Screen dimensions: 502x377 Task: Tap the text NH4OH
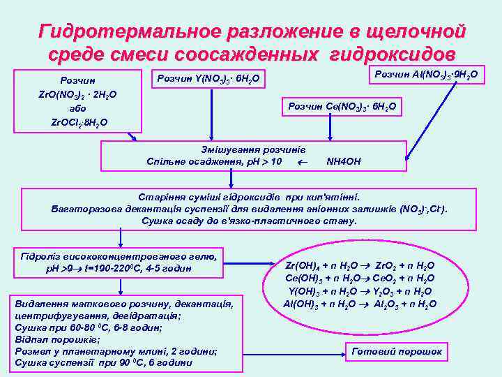coord(344,162)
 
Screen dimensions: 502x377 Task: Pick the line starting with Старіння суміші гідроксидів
coord(250,197)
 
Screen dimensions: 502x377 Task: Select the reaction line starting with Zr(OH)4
coord(360,266)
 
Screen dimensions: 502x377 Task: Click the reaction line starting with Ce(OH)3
coord(360,279)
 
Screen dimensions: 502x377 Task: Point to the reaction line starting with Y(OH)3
coord(360,291)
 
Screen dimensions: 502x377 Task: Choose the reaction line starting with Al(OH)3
coord(360,304)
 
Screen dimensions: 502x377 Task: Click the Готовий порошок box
coord(397,352)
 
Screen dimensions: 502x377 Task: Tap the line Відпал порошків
coord(53,339)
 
